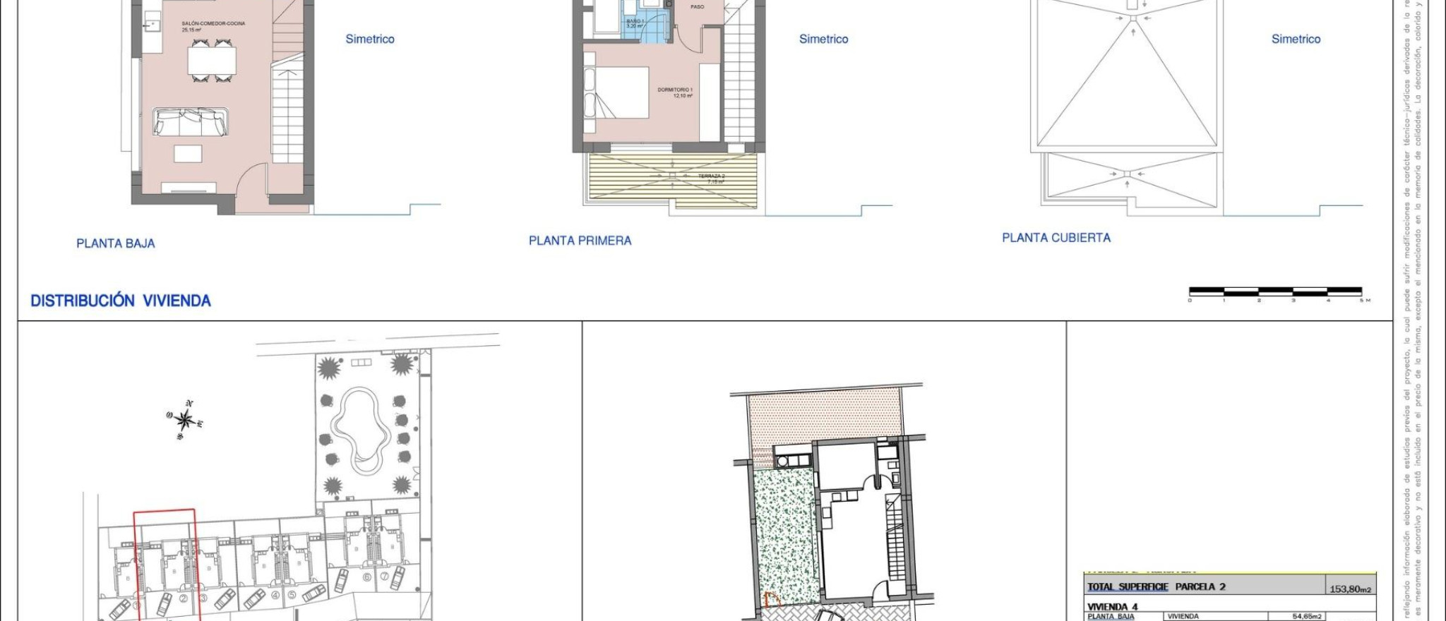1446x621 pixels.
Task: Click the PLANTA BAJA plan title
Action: [x=115, y=243]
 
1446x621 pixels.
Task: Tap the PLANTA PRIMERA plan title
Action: [x=580, y=241]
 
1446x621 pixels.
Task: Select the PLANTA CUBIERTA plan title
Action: [x=1056, y=238]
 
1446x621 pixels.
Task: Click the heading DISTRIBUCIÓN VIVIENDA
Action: [x=121, y=301]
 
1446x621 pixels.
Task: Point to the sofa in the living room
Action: [x=191, y=122]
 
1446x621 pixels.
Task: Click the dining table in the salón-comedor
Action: [x=211, y=60]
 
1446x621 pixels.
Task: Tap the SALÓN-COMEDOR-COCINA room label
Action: [x=213, y=24]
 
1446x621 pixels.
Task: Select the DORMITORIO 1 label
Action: [x=675, y=90]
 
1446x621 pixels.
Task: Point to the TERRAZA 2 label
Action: [x=711, y=176]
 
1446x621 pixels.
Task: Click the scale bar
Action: [x=1275, y=291]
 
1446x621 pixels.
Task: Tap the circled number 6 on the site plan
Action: [x=366, y=577]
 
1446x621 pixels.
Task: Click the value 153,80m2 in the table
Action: [x=1350, y=589]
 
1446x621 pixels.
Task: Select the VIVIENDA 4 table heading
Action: [x=1112, y=607]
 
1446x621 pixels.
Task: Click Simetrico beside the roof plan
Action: [x=1296, y=40]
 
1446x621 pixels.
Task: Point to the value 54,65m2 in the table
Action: [x=1306, y=617]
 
